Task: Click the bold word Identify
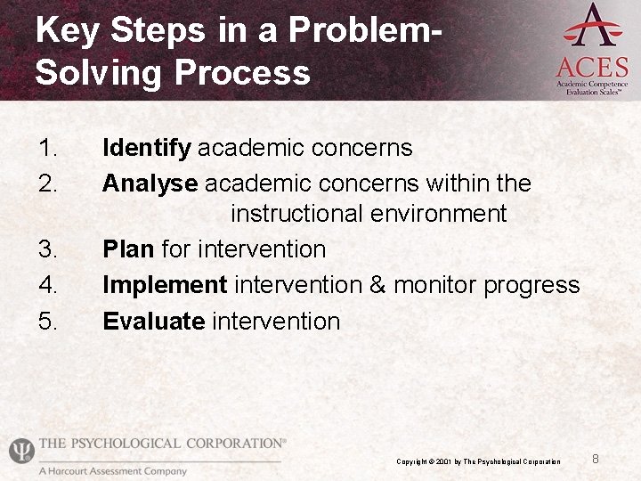click(147, 148)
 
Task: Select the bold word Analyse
click(150, 183)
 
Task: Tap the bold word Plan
click(129, 249)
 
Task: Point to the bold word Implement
click(165, 285)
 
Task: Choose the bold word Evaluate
click(154, 321)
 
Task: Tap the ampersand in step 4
click(377, 285)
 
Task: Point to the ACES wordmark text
click(592, 67)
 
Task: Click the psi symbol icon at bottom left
click(20, 451)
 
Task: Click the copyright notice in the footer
click(478, 461)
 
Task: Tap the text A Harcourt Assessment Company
click(112, 471)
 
